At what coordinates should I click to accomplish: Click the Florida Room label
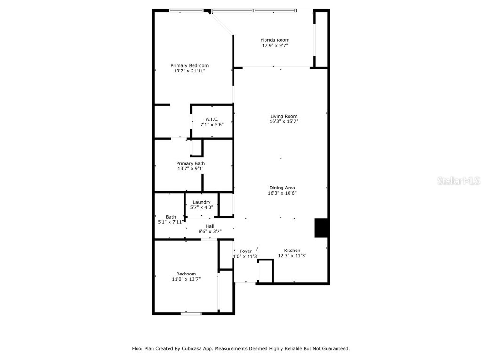(x=275, y=40)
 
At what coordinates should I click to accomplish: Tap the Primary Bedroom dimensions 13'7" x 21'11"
(x=189, y=71)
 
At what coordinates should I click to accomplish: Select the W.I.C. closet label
(x=211, y=118)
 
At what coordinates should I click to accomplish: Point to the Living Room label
(x=283, y=116)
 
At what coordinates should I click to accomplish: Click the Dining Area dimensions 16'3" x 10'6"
(x=282, y=193)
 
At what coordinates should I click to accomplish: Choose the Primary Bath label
(x=190, y=163)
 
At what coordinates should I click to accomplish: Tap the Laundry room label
(x=201, y=202)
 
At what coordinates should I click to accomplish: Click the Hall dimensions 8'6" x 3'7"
(x=210, y=231)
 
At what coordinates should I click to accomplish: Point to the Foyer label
(x=246, y=251)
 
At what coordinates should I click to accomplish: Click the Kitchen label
(x=292, y=251)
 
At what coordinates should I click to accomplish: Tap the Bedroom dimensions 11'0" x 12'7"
(x=186, y=279)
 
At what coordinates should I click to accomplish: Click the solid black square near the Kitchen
(x=321, y=228)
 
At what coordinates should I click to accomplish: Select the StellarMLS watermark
(x=458, y=180)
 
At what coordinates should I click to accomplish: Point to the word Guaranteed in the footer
(x=334, y=349)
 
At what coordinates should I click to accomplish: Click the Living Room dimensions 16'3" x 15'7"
(x=283, y=121)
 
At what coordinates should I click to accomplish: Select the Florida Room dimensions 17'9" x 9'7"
(x=275, y=46)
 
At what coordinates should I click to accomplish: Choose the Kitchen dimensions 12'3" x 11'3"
(x=292, y=256)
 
